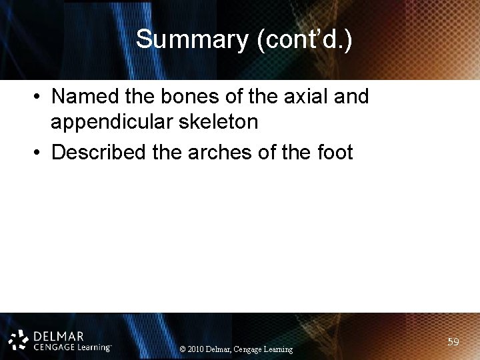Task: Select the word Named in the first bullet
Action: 82,97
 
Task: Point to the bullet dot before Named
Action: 35,98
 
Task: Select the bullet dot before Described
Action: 35,153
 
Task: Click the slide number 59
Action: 453,342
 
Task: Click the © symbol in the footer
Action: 183,349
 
